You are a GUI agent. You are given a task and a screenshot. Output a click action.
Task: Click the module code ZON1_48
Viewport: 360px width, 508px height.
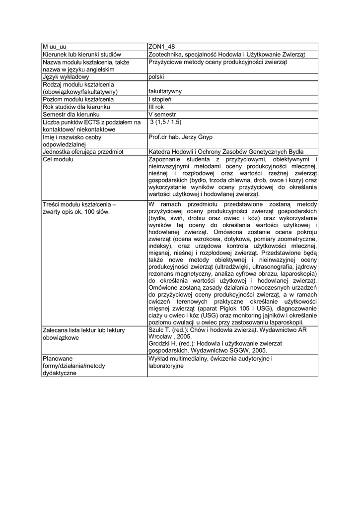pos(161,47)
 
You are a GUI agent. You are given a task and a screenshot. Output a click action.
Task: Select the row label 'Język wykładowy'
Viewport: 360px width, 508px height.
pos(66,77)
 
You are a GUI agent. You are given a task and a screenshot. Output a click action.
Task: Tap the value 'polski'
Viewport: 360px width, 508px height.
pos(156,77)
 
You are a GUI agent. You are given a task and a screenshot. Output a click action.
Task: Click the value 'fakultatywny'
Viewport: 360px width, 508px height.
pos(165,91)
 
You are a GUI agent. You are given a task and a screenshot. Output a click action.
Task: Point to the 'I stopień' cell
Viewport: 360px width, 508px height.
pos(160,99)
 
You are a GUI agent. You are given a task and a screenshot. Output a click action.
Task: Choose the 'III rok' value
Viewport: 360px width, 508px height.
pos(156,107)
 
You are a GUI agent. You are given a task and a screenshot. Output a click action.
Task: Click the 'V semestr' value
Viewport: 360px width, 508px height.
pos(162,115)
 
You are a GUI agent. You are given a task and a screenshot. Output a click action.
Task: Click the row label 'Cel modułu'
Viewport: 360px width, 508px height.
pos(58,159)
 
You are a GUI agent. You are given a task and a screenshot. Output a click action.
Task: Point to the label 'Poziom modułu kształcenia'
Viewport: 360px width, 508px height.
pos(78,99)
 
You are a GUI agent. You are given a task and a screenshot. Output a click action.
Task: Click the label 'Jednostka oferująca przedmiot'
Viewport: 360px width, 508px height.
pos(83,152)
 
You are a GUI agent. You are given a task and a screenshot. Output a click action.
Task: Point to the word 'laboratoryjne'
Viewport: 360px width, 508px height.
pos(166,366)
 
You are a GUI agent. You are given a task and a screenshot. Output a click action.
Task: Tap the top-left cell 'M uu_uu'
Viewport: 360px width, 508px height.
pos(55,47)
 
